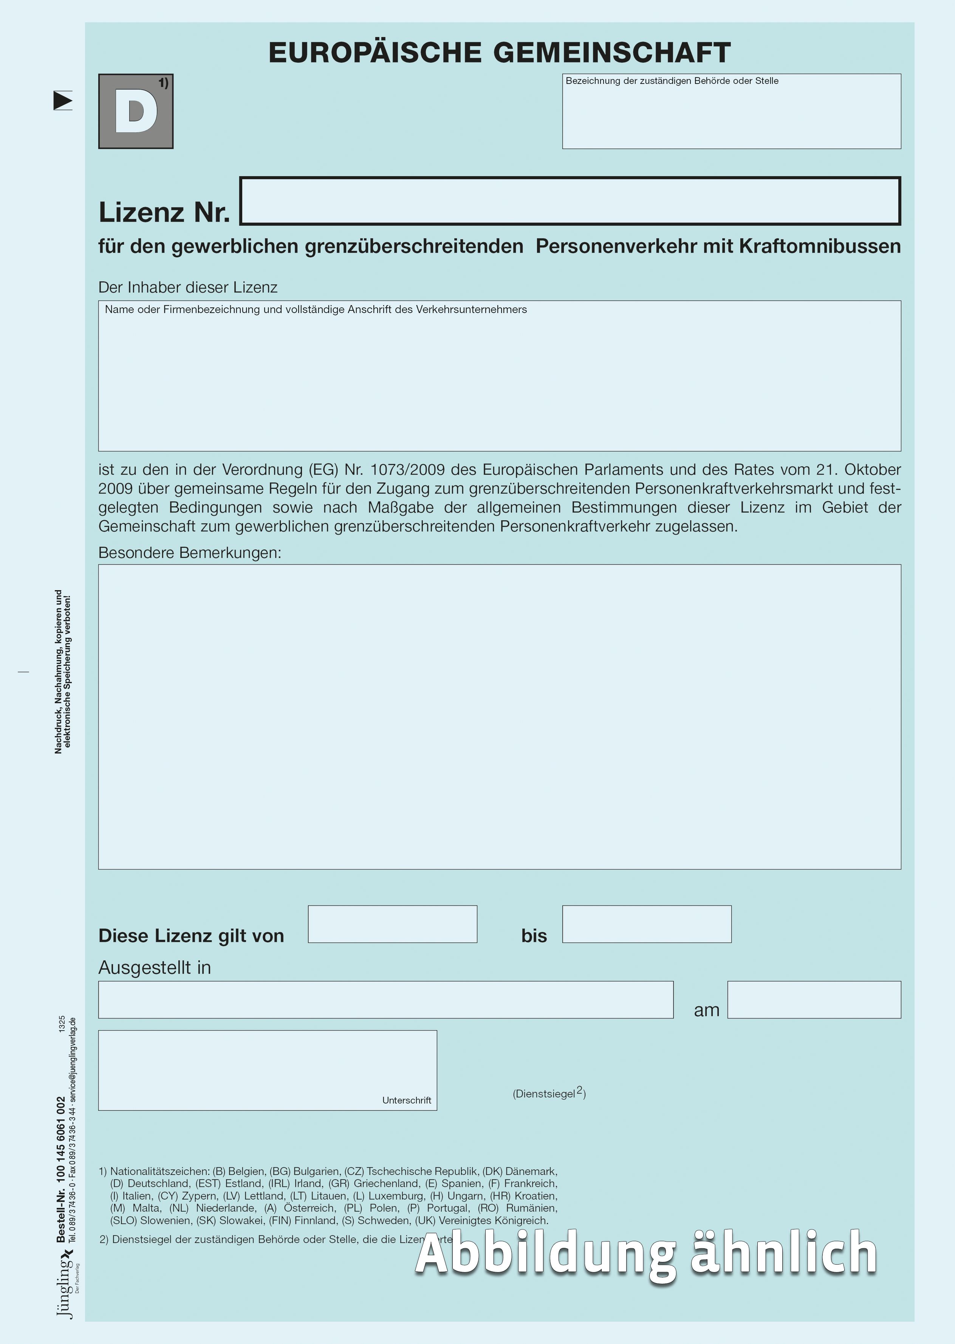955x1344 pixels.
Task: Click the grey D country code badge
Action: (x=135, y=111)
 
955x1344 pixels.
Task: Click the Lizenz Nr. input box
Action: (x=570, y=201)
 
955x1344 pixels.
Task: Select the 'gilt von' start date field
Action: (x=392, y=924)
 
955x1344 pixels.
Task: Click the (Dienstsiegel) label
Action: (x=549, y=1093)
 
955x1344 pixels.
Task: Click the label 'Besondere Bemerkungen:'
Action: (x=189, y=553)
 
